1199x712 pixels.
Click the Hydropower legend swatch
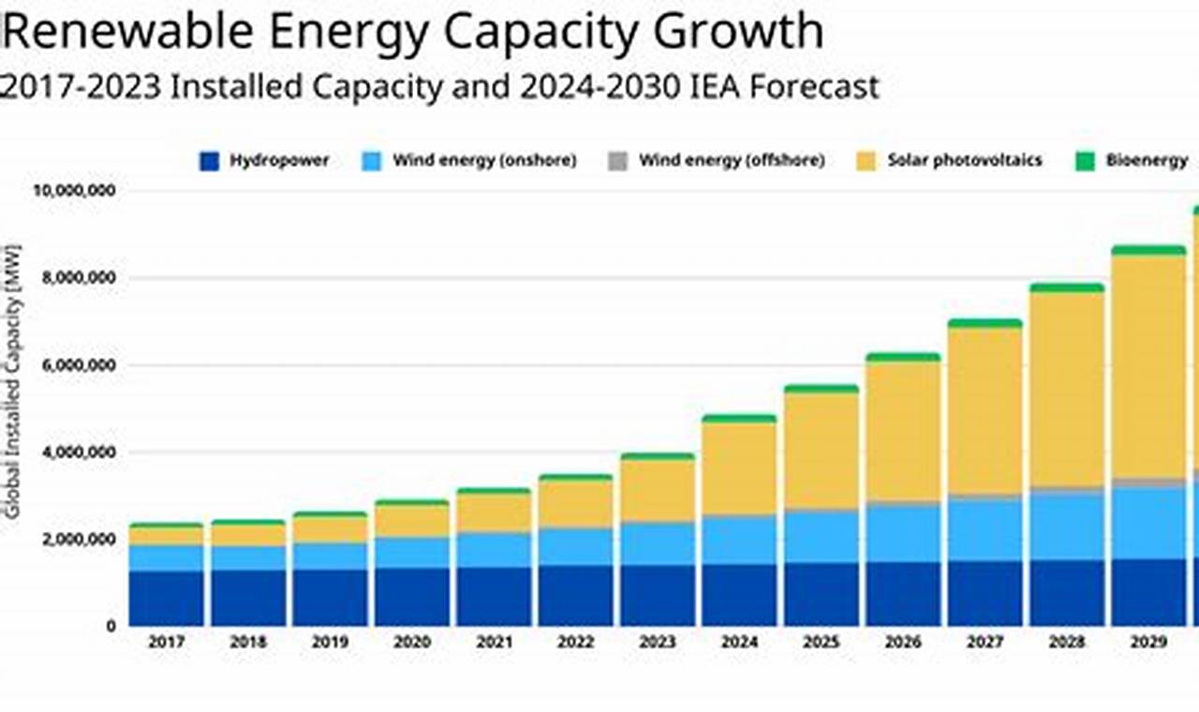coord(209,161)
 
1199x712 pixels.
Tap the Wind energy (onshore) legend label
coord(483,161)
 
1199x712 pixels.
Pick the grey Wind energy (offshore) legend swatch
coord(617,161)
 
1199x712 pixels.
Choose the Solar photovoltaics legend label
coord(964,161)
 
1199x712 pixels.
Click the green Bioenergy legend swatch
coord(1084,161)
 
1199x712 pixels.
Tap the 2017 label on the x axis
coord(166,643)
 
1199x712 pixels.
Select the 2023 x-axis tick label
coord(658,643)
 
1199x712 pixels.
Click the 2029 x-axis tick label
coord(1148,643)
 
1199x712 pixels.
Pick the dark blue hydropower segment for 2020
coord(412,596)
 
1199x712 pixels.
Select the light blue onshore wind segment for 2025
coord(821,536)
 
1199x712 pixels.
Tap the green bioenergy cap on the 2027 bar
coord(984,323)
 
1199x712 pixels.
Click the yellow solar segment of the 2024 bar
coord(739,468)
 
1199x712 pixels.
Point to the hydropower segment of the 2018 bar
coord(248,597)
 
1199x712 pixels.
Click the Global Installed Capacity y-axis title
coord(13,375)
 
